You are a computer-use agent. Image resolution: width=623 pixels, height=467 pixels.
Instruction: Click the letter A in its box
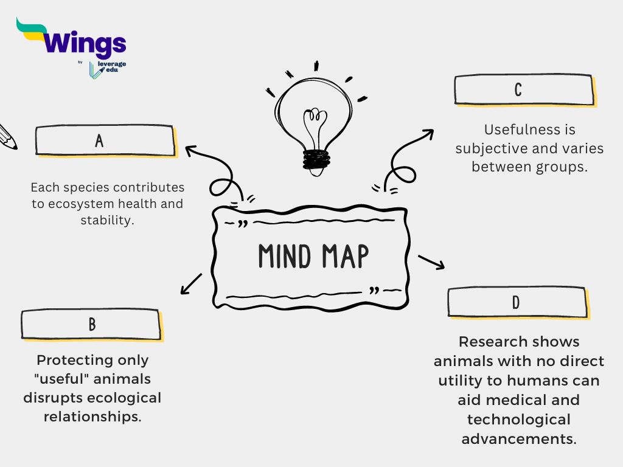click(x=99, y=141)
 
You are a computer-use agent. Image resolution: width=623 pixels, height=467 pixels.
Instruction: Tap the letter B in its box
click(x=92, y=324)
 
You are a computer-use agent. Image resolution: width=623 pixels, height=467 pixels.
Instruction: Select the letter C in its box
click(x=518, y=90)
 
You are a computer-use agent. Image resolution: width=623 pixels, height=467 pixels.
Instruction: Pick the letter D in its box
click(x=516, y=302)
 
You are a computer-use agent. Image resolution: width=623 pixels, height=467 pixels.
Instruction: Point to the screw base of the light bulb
click(x=316, y=159)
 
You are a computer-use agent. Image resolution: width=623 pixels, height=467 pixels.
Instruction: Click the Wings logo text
click(x=85, y=44)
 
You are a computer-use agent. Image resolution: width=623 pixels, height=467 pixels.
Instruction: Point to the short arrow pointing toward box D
click(x=431, y=261)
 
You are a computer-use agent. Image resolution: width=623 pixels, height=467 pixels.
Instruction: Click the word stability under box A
click(x=107, y=220)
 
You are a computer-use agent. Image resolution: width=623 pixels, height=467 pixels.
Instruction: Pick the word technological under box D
click(x=519, y=420)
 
